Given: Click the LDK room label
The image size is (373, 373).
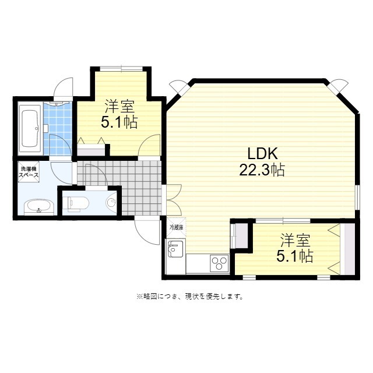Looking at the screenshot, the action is click(262, 153).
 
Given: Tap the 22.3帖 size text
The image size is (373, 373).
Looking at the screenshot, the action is click(262, 170).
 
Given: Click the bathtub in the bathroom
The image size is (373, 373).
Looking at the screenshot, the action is click(30, 129).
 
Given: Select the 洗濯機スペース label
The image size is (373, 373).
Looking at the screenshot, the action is click(29, 172).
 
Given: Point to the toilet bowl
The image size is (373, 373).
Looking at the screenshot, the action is click(78, 203).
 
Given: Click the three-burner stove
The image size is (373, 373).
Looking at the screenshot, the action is click(219, 263).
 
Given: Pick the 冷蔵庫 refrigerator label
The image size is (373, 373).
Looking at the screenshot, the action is click(176, 227).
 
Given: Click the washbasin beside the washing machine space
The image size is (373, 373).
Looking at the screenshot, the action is click(39, 206).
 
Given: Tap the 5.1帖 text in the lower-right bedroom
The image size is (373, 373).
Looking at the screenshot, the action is click(294, 256).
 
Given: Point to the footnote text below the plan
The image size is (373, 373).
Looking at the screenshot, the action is click(189, 297).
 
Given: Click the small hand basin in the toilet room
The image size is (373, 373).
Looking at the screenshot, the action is click(112, 203).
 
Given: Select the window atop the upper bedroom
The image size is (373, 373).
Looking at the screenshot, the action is click(121, 69).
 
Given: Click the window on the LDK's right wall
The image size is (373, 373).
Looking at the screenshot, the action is click(358, 197).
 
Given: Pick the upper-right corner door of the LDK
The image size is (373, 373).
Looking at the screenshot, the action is click(339, 87).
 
